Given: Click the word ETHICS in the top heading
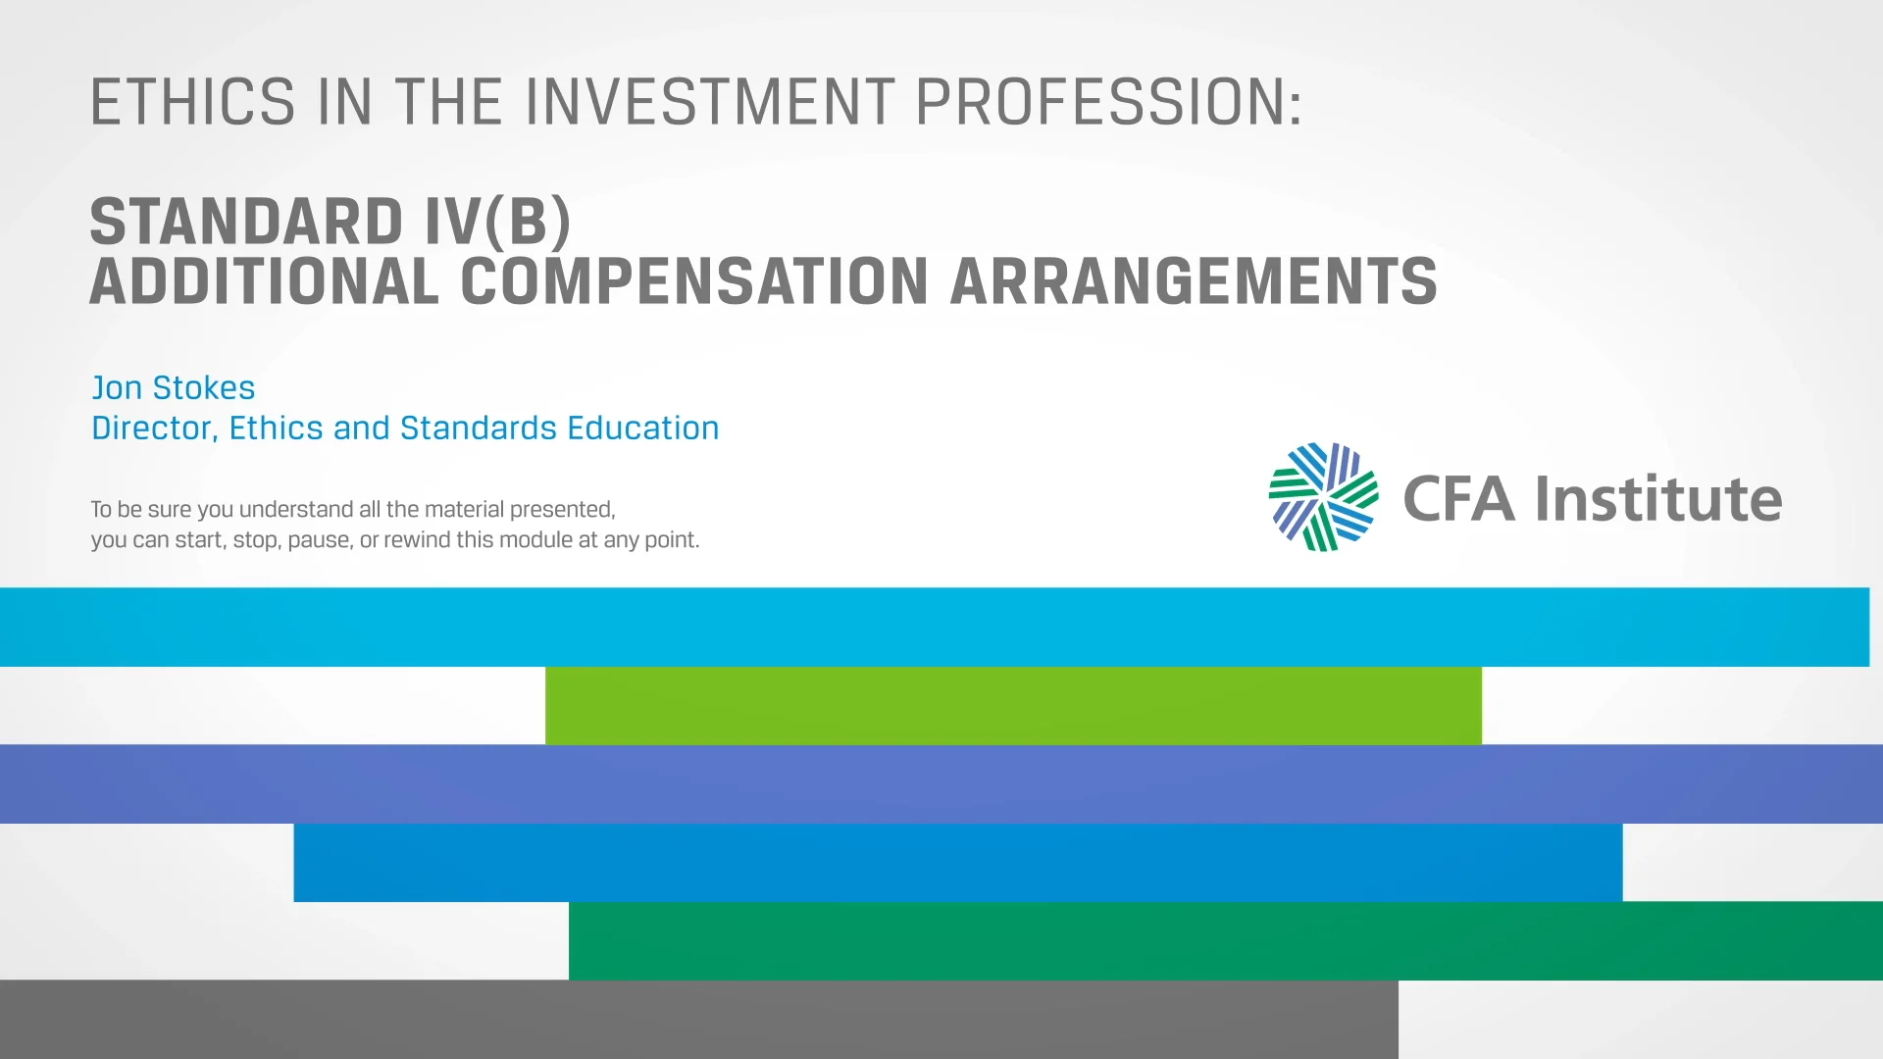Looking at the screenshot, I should (x=192, y=102).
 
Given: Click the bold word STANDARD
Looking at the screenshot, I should (x=246, y=222).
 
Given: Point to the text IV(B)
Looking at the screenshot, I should (x=497, y=222).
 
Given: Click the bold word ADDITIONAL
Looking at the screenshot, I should (x=264, y=282).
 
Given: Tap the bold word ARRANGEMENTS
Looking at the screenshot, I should (x=1194, y=282).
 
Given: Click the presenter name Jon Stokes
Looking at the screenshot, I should (x=174, y=387).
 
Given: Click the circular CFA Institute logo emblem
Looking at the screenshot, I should (x=1323, y=497).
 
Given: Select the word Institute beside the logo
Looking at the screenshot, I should (x=1658, y=499).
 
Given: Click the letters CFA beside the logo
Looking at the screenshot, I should (x=1459, y=499).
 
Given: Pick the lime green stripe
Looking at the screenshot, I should (x=1013, y=705).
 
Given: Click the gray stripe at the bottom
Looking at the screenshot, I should (x=698, y=1019).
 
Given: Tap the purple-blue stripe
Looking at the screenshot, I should (x=941, y=783).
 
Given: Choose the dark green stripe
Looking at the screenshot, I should (x=1225, y=940).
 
